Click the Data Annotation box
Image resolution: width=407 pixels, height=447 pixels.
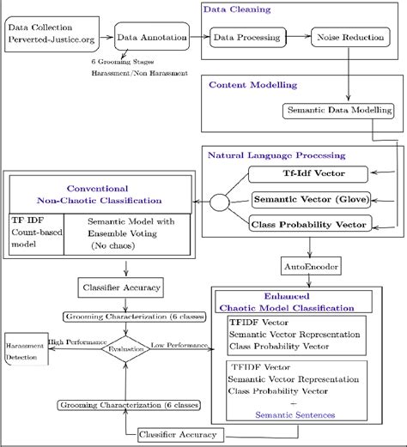pyautogui.click(x=152, y=39)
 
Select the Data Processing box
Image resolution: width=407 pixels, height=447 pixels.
pyautogui.click(x=246, y=39)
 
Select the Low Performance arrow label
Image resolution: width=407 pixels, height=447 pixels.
pyautogui.click(x=179, y=344)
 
